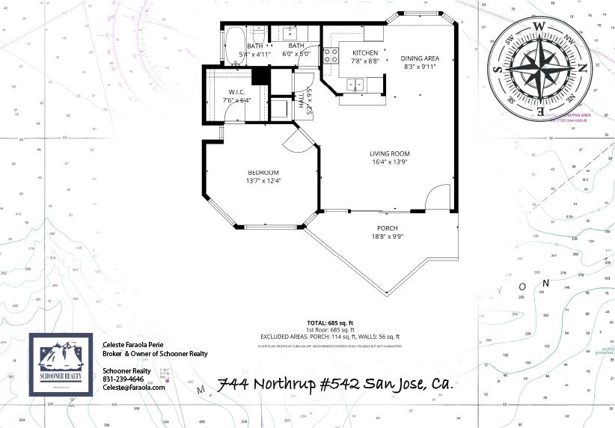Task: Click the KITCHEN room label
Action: (x=365, y=52)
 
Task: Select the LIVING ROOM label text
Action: (x=389, y=153)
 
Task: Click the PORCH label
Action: (x=387, y=228)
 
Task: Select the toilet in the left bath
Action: (x=257, y=35)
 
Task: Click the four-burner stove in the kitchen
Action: (x=329, y=55)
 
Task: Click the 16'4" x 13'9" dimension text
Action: (x=389, y=162)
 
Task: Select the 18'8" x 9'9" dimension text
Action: (x=387, y=237)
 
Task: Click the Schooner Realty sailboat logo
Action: (x=61, y=364)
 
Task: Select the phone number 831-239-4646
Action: (x=123, y=379)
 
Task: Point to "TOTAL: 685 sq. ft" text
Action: (x=329, y=322)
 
